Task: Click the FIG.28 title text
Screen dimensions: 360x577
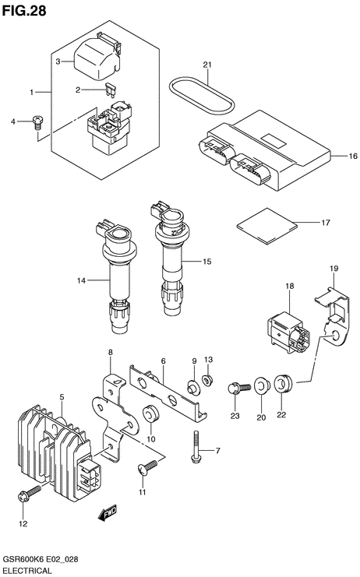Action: (24, 11)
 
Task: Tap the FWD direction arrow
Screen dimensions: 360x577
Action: (108, 512)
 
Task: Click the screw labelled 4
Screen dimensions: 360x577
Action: (37, 121)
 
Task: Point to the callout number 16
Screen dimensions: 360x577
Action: (353, 157)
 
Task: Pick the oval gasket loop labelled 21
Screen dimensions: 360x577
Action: (202, 93)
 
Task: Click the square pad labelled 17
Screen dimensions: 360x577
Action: (266, 226)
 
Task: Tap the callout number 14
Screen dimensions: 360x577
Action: (81, 281)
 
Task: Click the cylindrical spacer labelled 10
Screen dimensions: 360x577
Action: (150, 417)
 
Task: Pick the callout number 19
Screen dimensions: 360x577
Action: (334, 269)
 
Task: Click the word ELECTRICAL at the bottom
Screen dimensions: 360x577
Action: (26, 571)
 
